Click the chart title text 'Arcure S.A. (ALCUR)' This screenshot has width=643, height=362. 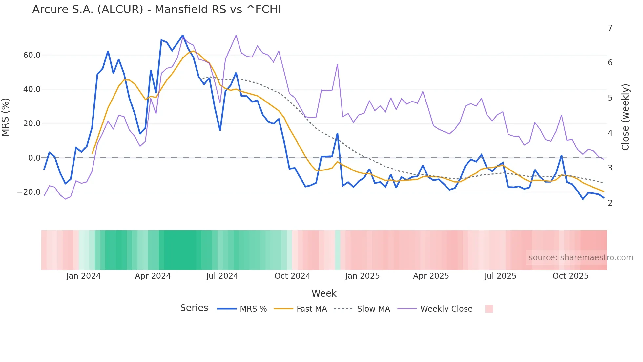88,10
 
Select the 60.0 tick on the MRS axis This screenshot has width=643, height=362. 32,55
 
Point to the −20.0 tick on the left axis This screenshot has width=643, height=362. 29,192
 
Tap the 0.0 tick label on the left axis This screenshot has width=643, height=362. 34,158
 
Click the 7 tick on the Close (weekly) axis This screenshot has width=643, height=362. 610,28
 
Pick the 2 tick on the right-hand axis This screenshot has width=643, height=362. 610,203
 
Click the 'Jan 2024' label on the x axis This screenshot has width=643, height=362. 83,276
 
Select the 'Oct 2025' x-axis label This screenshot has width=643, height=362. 570,276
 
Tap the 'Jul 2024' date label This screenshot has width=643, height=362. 222,276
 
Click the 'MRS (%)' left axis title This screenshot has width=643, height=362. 6,117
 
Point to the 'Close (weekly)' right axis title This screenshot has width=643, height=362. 625,117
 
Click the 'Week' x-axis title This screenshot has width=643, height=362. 324,293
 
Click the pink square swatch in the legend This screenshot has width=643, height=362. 489,309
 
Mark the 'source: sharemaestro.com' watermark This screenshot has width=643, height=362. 581,258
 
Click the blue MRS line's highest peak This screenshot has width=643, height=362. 182,35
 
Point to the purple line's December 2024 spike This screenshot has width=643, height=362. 337,65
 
